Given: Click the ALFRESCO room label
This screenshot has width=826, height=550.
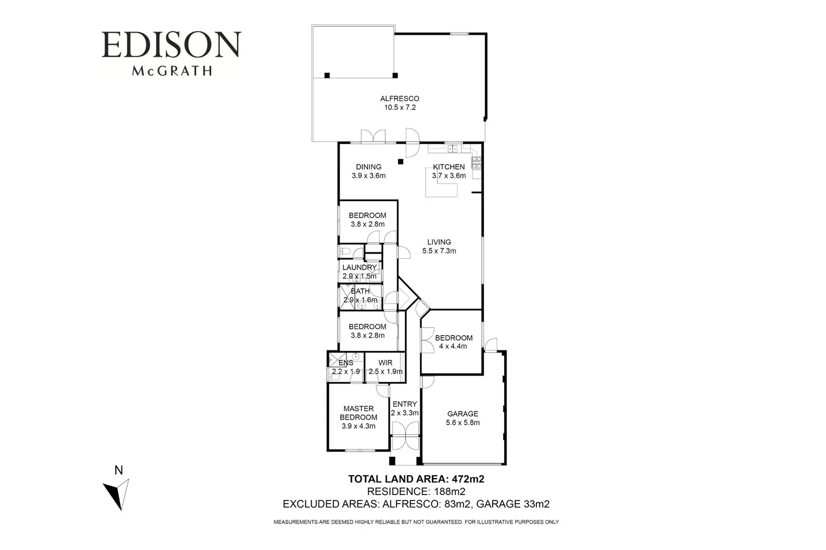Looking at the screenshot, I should tap(400, 99).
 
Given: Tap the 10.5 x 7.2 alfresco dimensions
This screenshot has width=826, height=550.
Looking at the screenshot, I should tap(400, 107).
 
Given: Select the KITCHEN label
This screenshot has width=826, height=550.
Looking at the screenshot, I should tap(449, 167).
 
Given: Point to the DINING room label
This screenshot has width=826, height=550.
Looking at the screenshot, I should tap(369, 167).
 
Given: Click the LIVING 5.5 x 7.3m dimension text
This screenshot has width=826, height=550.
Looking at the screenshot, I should tap(439, 251).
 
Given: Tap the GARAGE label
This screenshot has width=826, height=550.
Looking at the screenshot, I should tap(462, 414).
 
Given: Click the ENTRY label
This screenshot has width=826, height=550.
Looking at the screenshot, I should tap(405, 404).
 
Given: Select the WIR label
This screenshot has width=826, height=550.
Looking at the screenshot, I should tap(385, 363).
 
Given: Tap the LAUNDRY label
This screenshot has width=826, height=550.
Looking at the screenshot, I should tap(359, 267).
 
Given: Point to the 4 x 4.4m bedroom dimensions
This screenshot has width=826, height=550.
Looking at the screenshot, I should tap(453, 346).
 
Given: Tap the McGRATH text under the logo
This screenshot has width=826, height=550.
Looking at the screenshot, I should tap(171, 71).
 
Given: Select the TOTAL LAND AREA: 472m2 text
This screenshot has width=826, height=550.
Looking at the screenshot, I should tap(416, 479).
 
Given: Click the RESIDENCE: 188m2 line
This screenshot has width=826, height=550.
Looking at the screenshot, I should tap(416, 491).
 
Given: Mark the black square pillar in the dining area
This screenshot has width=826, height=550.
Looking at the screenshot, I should tap(401, 162).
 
